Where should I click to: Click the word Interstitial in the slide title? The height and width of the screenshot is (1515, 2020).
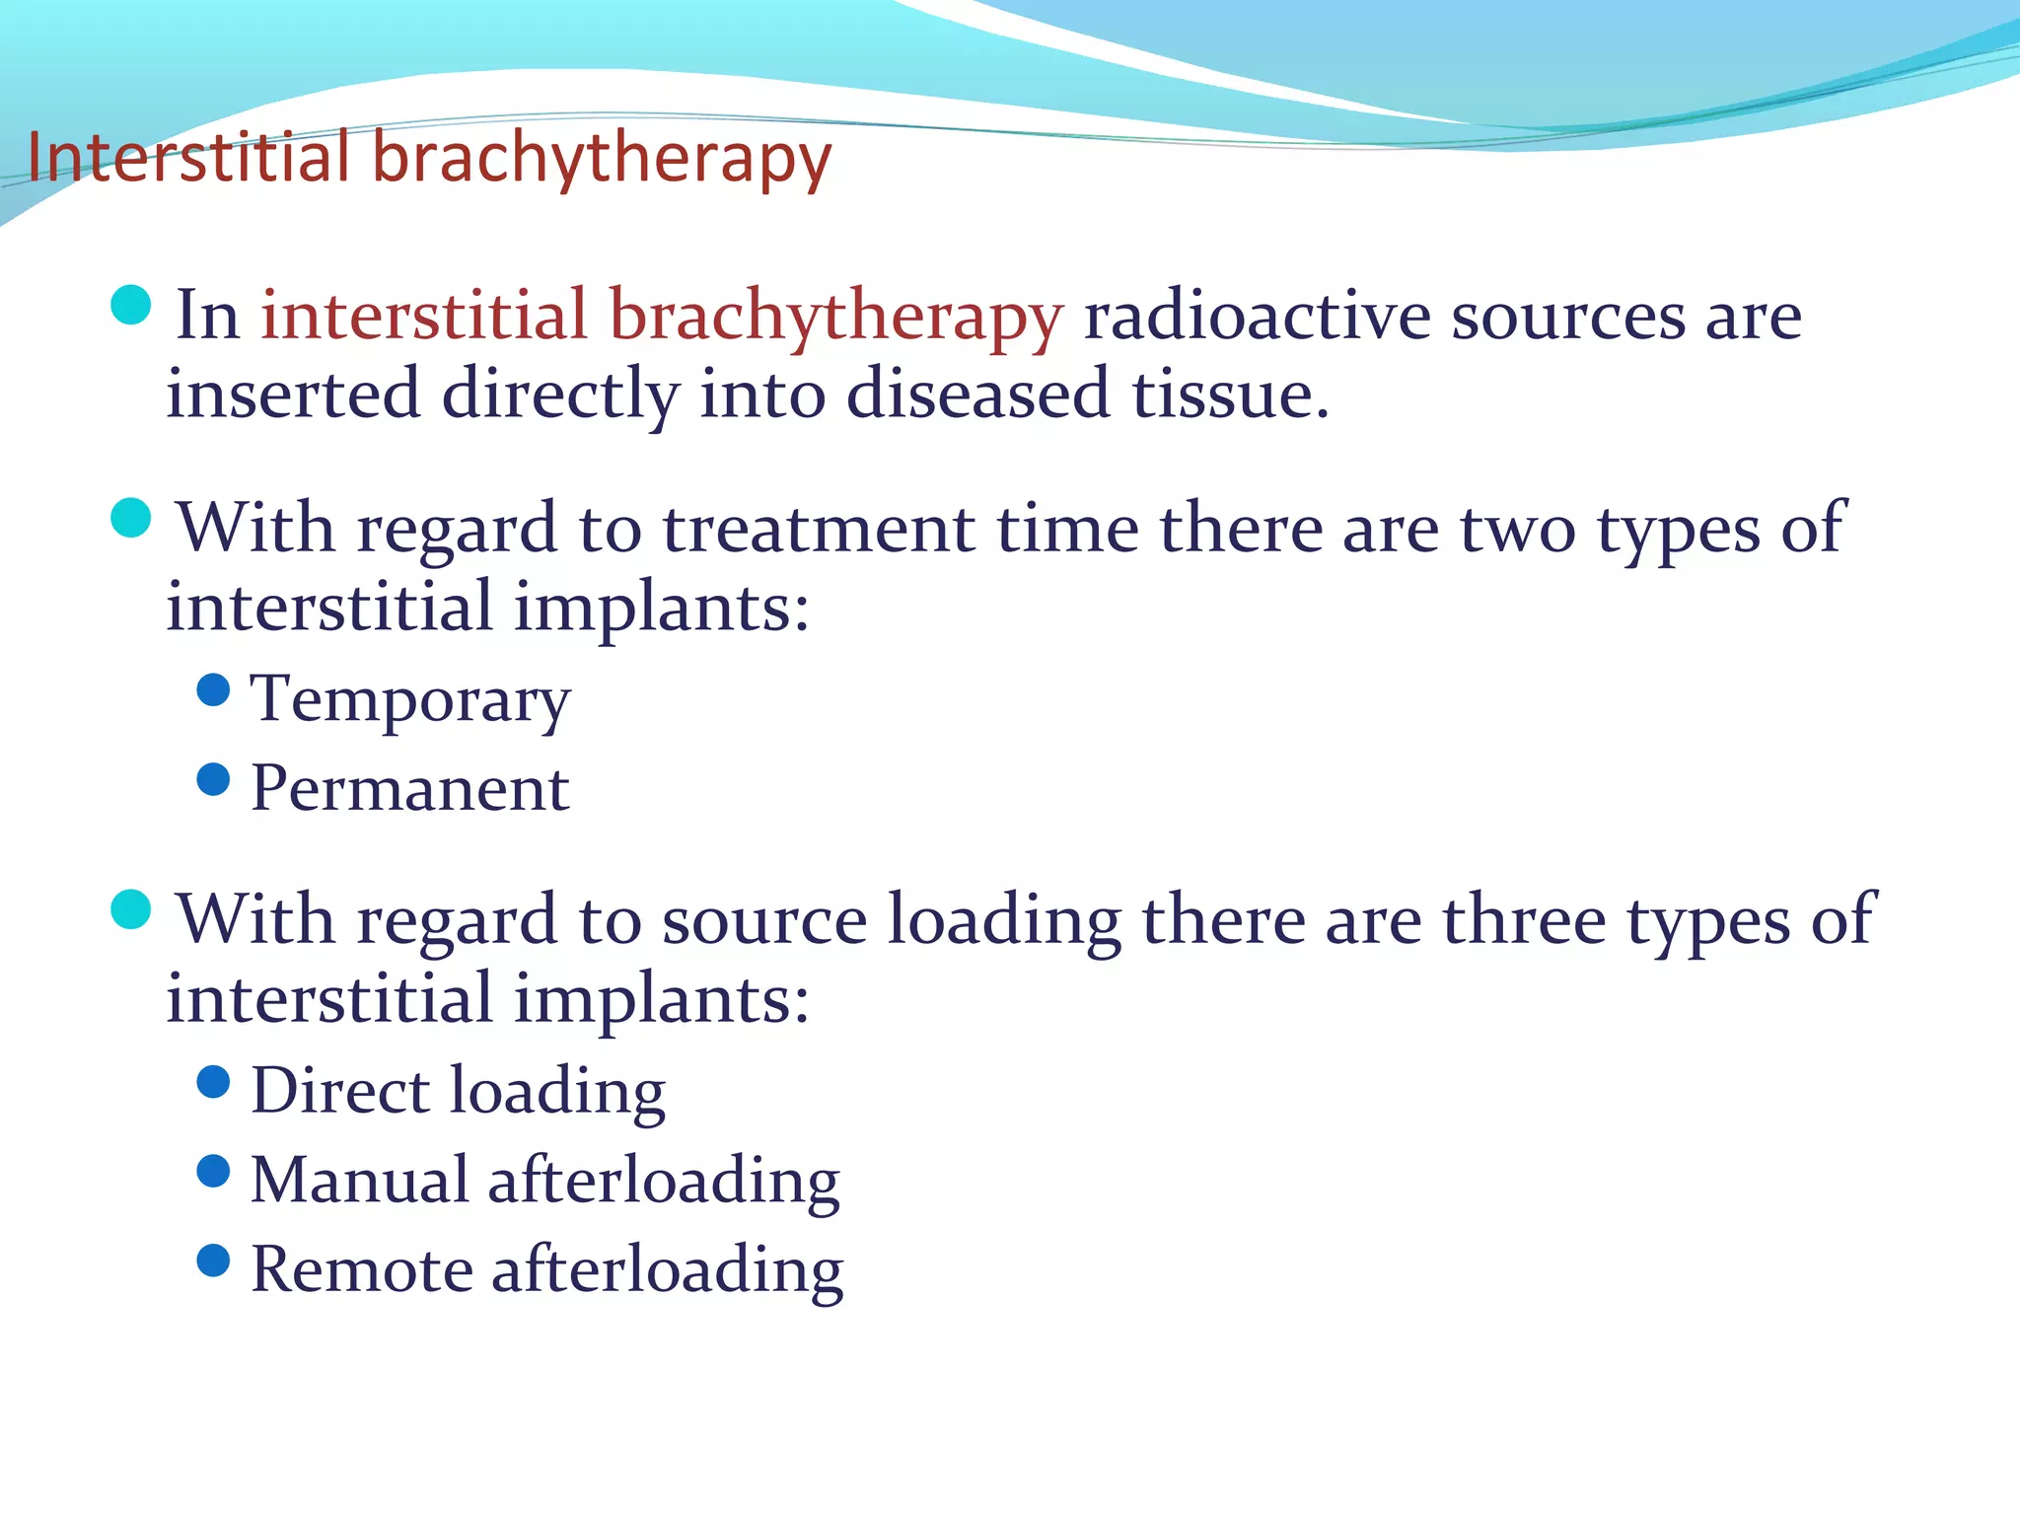tap(187, 158)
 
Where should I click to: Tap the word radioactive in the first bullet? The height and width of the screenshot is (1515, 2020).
tap(1257, 317)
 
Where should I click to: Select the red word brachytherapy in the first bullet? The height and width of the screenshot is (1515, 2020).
tap(835, 319)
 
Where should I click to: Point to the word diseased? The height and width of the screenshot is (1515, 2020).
tap(977, 395)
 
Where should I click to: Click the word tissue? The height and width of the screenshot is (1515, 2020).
tap(1229, 395)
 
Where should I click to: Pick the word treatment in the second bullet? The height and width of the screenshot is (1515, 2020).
tap(818, 529)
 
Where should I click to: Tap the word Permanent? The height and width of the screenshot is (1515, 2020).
tap(410, 789)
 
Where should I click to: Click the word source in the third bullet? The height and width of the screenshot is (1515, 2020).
tap(764, 920)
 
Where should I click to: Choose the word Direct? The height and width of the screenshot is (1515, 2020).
tap(340, 1091)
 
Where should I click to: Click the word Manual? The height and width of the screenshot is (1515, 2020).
tap(359, 1180)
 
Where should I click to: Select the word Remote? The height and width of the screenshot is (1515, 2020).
tap(361, 1269)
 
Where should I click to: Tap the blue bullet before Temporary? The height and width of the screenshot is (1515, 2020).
tap(213, 689)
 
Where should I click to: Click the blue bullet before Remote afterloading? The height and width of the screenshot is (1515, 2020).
tap(213, 1260)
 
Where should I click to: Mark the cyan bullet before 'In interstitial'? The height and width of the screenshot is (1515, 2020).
tap(131, 305)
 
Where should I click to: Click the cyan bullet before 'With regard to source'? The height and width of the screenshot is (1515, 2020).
tap(131, 909)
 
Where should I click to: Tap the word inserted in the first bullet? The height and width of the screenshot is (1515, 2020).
tap(293, 395)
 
